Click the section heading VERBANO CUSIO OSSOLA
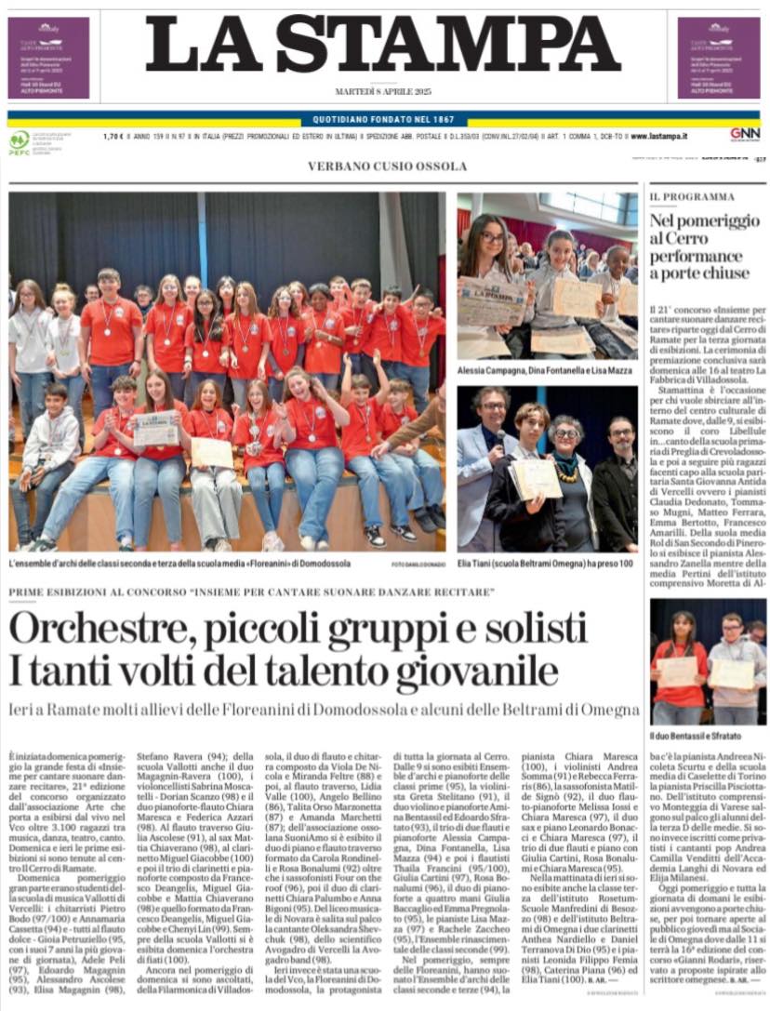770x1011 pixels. point(388,166)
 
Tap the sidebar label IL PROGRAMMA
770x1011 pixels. point(692,197)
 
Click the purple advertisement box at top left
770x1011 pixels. point(48,58)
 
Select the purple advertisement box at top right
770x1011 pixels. point(719,58)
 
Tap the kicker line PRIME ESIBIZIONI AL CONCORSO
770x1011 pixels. point(251,592)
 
